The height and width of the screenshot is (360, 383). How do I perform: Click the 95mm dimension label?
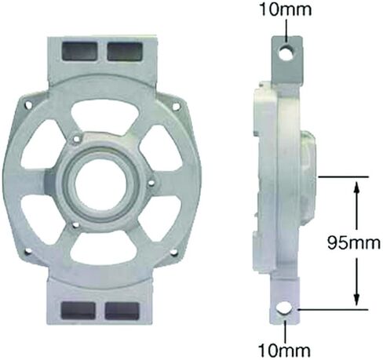click(x=354, y=243)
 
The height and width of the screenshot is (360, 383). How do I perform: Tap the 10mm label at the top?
click(x=286, y=10)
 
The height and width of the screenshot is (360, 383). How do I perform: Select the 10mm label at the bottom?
click(x=284, y=350)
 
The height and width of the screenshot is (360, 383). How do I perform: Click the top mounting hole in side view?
click(x=287, y=52)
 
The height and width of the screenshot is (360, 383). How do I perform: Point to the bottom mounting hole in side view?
click(x=285, y=309)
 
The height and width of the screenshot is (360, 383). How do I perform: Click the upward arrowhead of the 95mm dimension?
click(x=356, y=187)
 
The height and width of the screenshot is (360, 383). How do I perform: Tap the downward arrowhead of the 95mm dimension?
click(x=356, y=299)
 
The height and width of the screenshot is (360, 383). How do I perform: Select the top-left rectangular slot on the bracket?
click(x=80, y=51)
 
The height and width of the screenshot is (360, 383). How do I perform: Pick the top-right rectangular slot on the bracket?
click(x=125, y=51)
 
